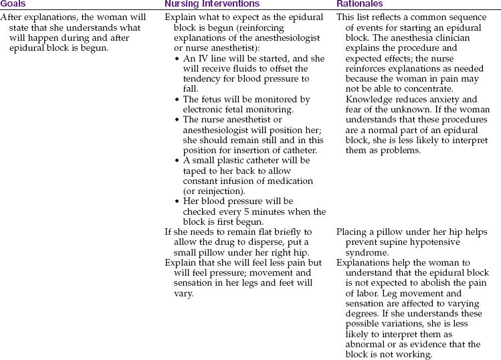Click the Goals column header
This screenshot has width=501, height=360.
click(13, 4)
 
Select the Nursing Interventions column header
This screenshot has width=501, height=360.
click(211, 4)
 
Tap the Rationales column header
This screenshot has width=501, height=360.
click(360, 4)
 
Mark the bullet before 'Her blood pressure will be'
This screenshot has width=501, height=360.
click(177, 202)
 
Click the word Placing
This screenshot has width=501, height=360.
click(352, 232)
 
